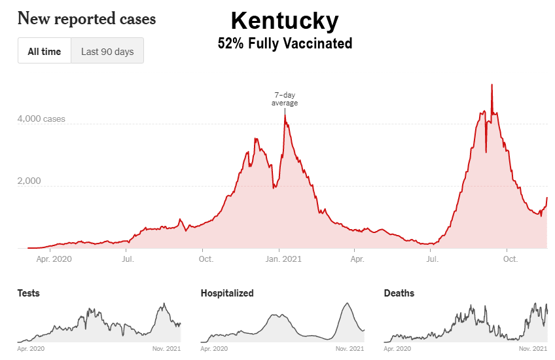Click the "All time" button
(44, 51)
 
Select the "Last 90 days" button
(107, 51)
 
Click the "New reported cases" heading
(86, 18)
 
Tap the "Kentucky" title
(285, 21)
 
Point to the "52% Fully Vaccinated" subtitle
(285, 44)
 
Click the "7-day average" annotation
(285, 99)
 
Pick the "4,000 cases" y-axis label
(41, 119)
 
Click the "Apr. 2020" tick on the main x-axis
(52, 259)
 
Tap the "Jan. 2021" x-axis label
(284, 259)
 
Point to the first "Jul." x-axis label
(128, 259)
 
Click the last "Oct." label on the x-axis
(510, 259)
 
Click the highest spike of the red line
(492, 84)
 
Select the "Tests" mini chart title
(28, 293)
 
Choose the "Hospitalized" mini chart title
(226, 293)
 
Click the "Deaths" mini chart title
(399, 293)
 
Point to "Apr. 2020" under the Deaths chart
(398, 349)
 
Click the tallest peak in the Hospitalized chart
(347, 303)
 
